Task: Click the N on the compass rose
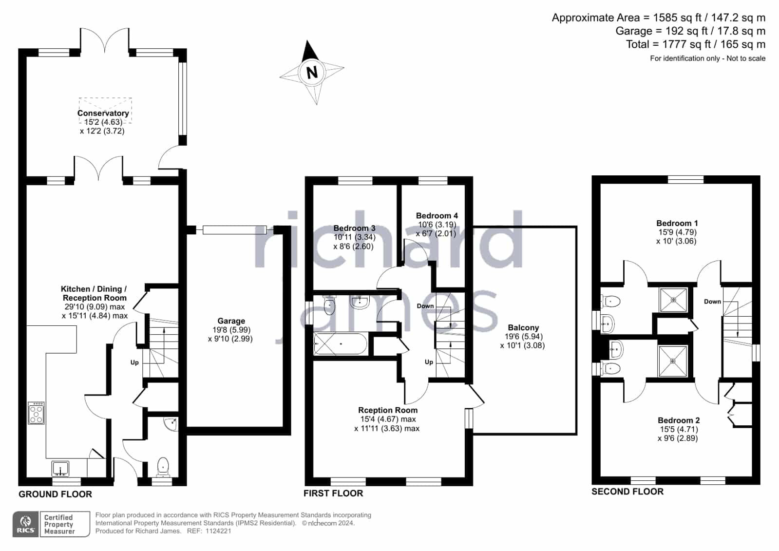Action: [x=312, y=73]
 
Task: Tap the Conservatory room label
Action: [x=103, y=113]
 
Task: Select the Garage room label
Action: [x=231, y=321]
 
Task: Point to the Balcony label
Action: [x=523, y=327]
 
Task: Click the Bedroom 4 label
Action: [x=437, y=216]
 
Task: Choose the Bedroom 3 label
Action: [x=354, y=228]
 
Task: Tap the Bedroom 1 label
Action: [x=677, y=223]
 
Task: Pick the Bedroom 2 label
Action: [x=679, y=420]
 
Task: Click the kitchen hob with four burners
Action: [x=36, y=413]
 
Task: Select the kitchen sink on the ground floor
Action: [x=60, y=468]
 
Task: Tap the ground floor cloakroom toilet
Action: [x=163, y=466]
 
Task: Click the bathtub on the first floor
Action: [x=341, y=343]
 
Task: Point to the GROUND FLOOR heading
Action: [x=56, y=494]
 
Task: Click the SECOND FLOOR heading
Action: [x=627, y=492]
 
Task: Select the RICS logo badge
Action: [x=26, y=524]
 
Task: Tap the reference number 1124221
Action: [x=218, y=531]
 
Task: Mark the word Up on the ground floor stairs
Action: [x=134, y=362]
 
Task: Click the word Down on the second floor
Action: [x=712, y=302]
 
